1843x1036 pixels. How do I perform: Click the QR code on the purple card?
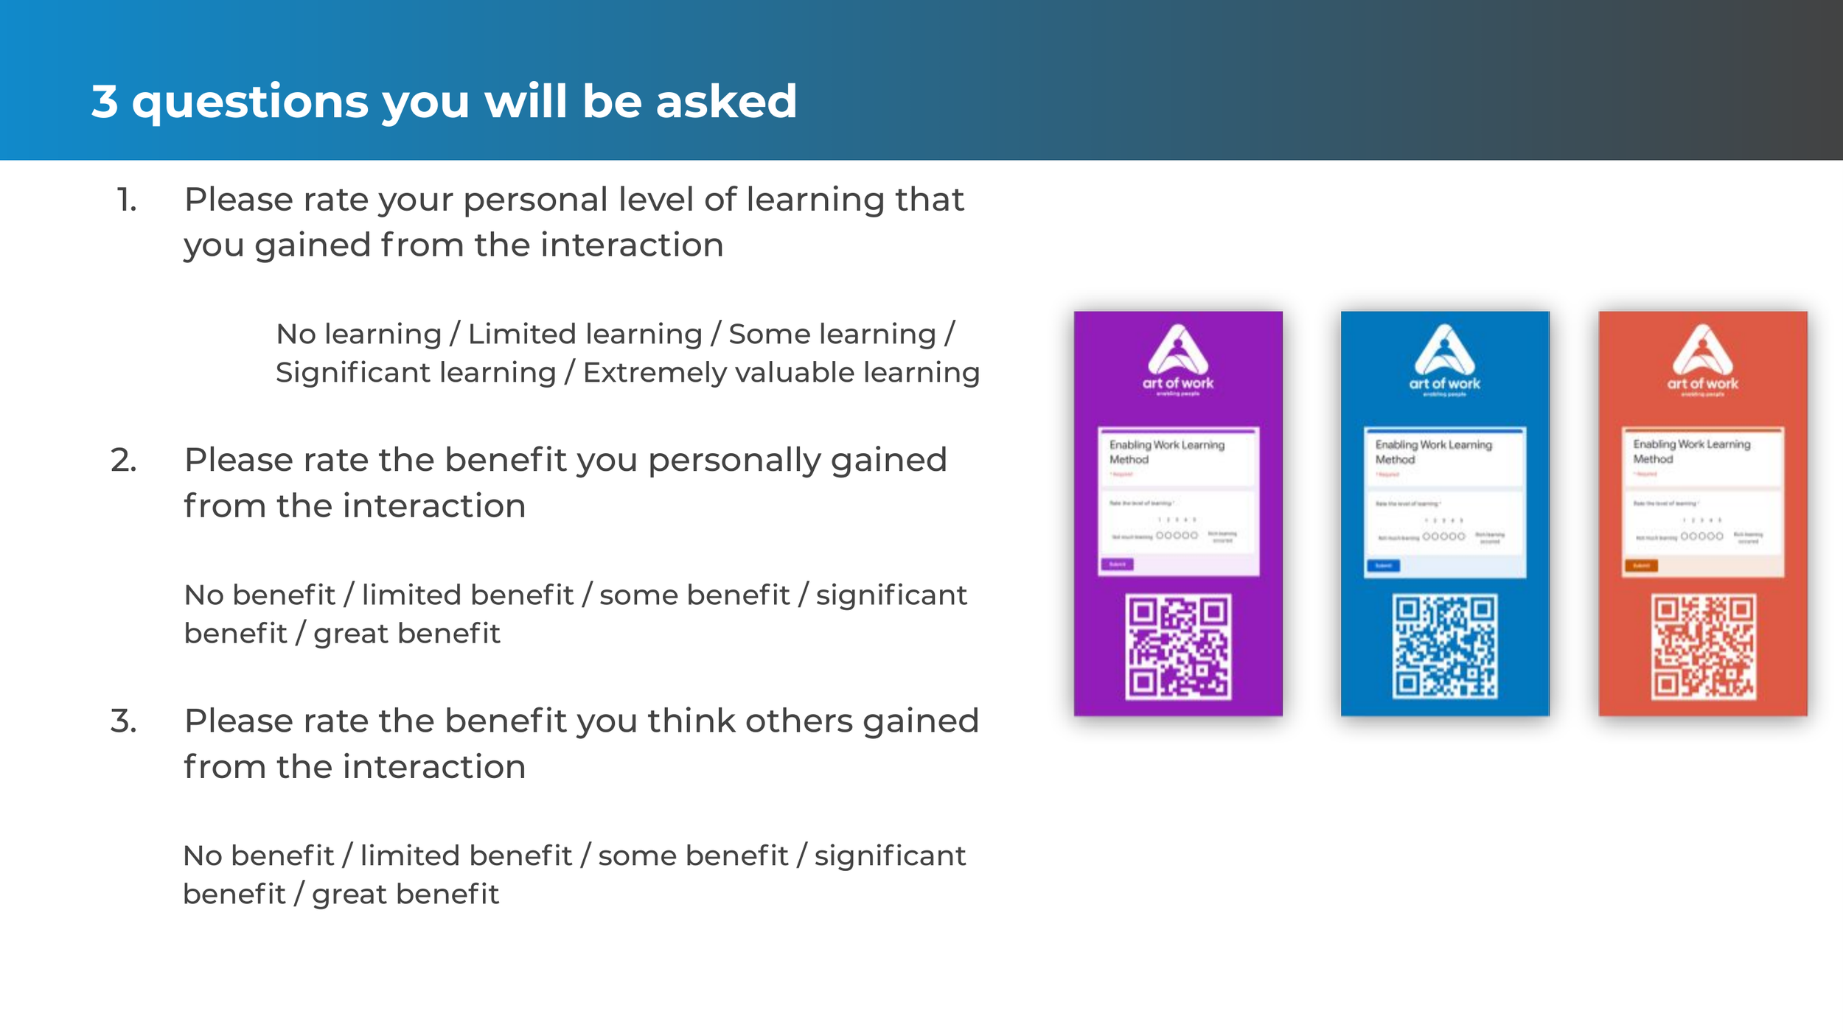pyautogui.click(x=1177, y=646)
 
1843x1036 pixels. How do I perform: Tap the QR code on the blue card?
pyautogui.click(x=1444, y=646)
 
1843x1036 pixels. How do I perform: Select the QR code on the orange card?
pyautogui.click(x=1703, y=646)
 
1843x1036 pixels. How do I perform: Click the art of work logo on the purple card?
pyautogui.click(x=1177, y=360)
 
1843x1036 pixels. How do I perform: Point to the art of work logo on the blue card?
pyautogui.click(x=1444, y=360)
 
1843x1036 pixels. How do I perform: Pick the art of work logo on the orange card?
pyautogui.click(x=1703, y=360)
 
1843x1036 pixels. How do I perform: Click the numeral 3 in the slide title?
pyautogui.click(x=105, y=101)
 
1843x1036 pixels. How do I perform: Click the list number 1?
pyautogui.click(x=127, y=200)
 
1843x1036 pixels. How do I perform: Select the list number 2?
pyautogui.click(x=124, y=461)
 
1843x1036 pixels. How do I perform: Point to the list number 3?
pyautogui.click(x=124, y=721)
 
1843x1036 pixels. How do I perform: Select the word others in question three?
pyautogui.click(x=798, y=721)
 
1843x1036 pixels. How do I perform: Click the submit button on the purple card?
pyautogui.click(x=1117, y=564)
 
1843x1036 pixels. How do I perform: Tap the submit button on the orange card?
pyautogui.click(x=1641, y=566)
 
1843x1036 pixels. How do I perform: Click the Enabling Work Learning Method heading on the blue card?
pyautogui.click(x=1432, y=452)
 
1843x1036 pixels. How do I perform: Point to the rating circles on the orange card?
pyautogui.click(x=1701, y=536)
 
